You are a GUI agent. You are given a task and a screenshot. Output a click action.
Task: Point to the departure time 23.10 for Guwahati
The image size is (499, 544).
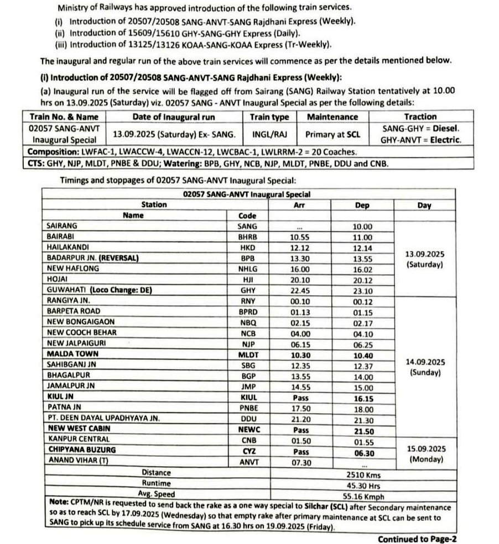[x=363, y=290]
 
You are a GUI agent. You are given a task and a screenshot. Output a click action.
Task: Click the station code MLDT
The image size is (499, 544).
[x=247, y=354]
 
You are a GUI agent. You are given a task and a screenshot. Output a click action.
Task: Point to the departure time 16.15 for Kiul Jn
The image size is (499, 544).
[x=363, y=397]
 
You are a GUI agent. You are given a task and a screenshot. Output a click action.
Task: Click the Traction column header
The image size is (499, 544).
[x=420, y=117]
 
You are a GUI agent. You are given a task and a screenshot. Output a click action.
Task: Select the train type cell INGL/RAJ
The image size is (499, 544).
[x=269, y=134]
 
